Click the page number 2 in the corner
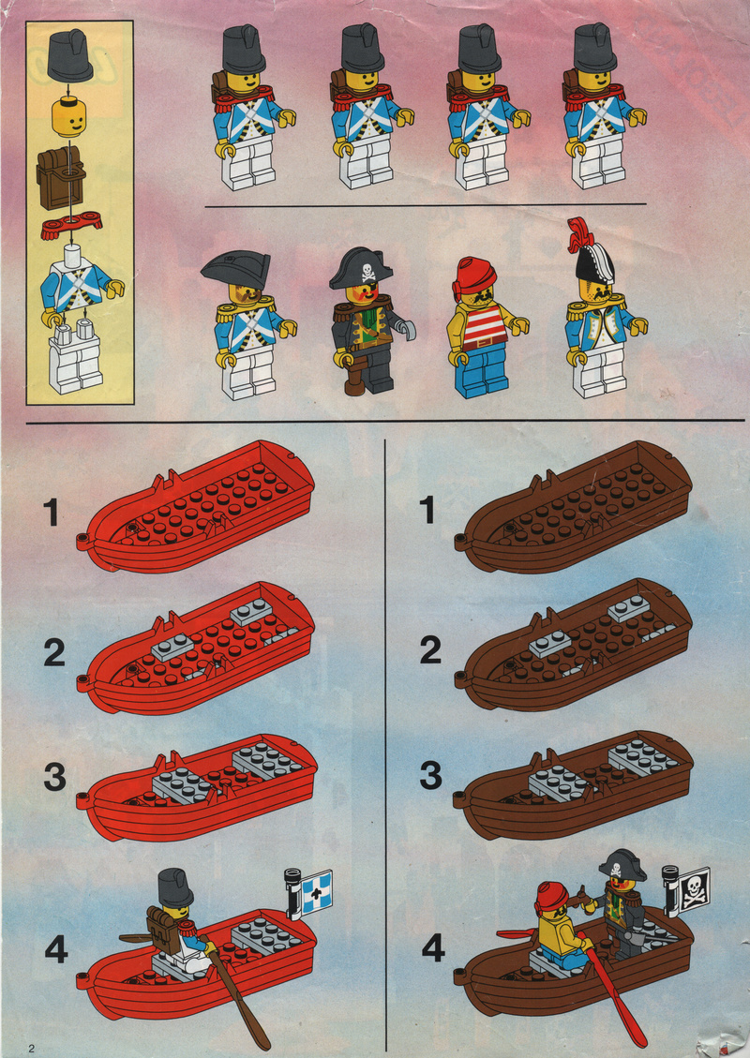point(30,1048)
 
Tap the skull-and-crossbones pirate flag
point(694,889)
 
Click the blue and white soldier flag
point(316,892)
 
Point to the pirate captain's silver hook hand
point(406,330)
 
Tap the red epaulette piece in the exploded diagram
point(70,225)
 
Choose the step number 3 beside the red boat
point(54,777)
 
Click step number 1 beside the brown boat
point(427,510)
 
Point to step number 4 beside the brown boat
point(433,948)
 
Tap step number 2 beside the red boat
point(54,652)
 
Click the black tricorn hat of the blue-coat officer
point(236,270)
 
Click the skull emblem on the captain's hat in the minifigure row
point(367,271)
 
